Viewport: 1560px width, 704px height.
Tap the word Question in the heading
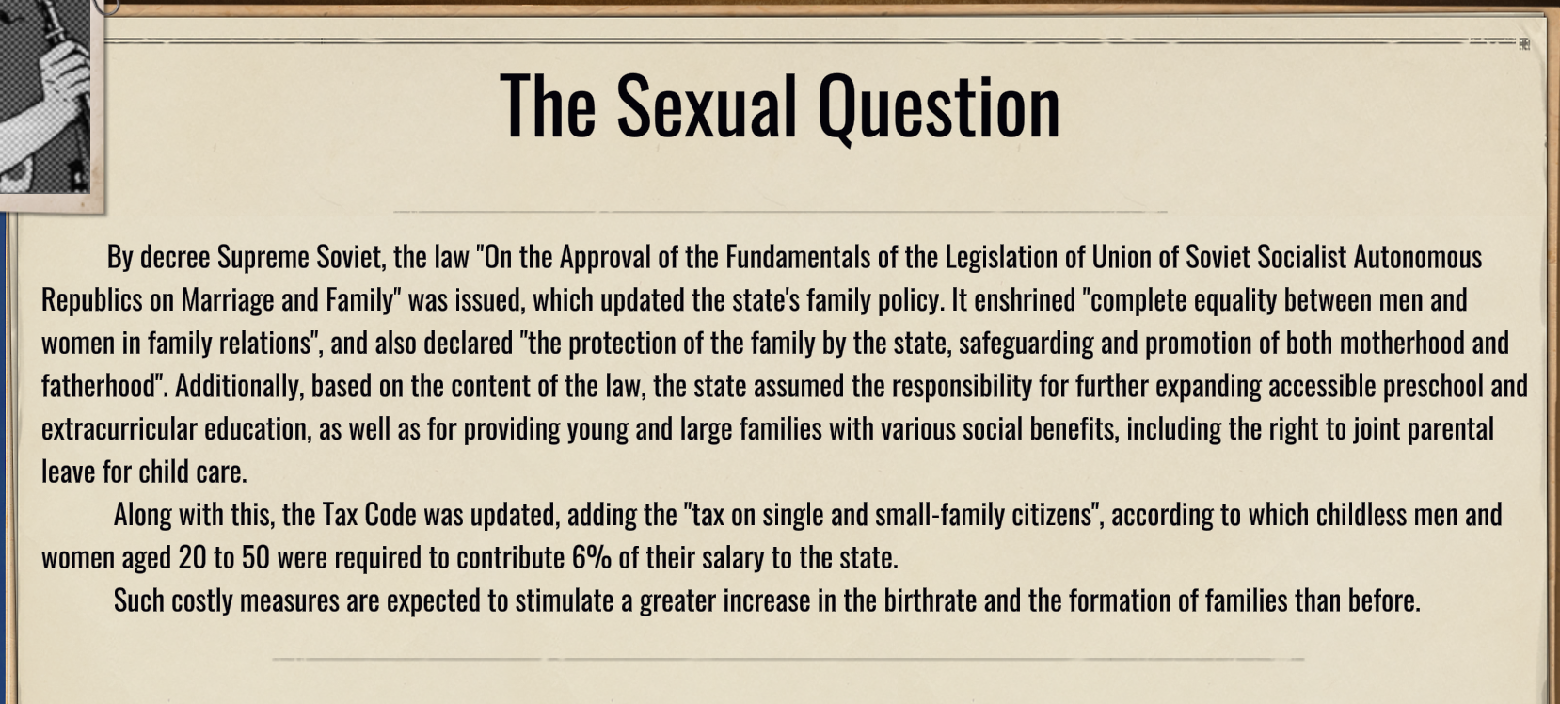[939, 108]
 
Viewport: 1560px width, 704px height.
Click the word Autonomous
[1417, 257]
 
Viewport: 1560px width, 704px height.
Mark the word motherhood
[1401, 344]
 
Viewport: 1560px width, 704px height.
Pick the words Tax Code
[369, 515]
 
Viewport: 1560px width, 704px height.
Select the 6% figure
[591, 558]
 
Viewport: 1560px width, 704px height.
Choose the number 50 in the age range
[256, 558]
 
